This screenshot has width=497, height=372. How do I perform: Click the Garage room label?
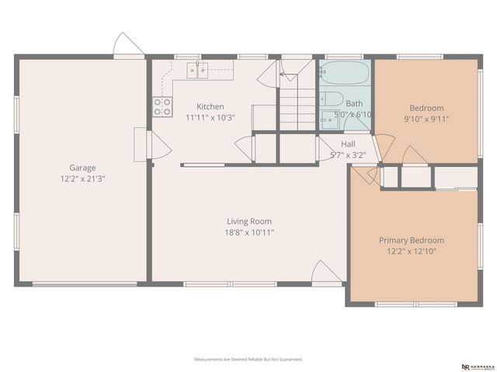pos(82,167)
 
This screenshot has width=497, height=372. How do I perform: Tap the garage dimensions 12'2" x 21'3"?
pos(82,178)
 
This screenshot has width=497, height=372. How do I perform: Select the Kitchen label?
pos(210,107)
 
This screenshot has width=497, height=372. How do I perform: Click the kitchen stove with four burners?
pos(162,107)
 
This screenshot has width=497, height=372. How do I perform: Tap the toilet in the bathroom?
pos(332,100)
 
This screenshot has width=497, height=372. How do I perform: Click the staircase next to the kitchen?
pos(296,105)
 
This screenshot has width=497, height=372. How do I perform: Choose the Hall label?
pos(348,144)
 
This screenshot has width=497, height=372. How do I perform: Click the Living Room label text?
pos(249,221)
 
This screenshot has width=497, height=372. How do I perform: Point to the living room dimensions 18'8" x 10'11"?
pos(249,232)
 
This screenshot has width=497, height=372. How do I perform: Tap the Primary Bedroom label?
pos(412,240)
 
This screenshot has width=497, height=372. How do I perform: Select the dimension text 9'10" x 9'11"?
pos(426,119)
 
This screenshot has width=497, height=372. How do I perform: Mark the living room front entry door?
pos(326,273)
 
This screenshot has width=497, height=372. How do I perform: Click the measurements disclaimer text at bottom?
pos(248,360)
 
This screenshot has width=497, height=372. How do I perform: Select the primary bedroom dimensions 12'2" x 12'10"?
pos(412,251)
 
